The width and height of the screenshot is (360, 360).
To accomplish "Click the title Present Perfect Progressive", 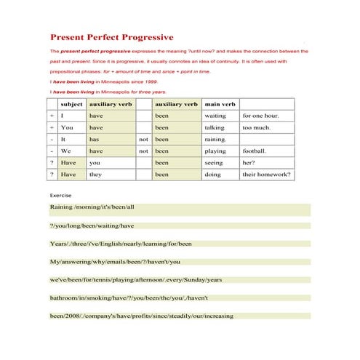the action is pyautogui.click(x=111, y=37).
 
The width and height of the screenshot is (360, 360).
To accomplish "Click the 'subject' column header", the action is pyautogui.click(x=71, y=104).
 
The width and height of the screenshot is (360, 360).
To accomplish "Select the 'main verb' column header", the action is pyautogui.click(x=220, y=104).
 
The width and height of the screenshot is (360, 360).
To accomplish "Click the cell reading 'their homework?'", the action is pyautogui.click(x=266, y=175).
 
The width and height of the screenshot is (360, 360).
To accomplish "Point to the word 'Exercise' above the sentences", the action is pyautogui.click(x=61, y=196).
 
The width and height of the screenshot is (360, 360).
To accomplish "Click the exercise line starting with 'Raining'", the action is pyautogui.click(x=92, y=207).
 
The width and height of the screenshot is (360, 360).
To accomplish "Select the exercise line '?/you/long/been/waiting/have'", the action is pyautogui.click(x=92, y=225).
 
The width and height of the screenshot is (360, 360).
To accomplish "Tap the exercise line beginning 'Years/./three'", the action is pyautogui.click(x=121, y=244).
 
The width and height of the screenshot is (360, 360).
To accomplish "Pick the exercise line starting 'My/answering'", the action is pyautogui.click(x=115, y=261).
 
